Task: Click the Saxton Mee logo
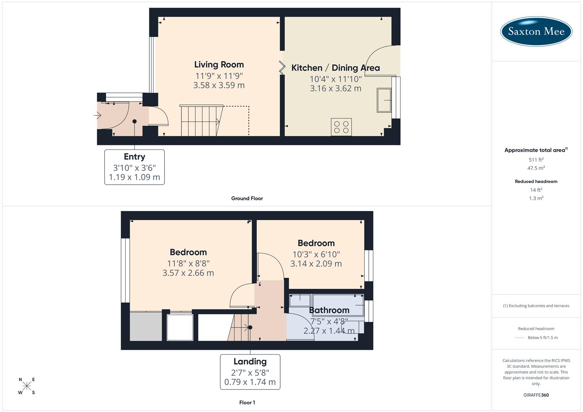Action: click(536, 31)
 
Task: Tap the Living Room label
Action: click(219, 64)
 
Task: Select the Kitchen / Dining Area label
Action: click(335, 68)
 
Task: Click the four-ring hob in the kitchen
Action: click(341, 127)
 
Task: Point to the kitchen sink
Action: click(384, 100)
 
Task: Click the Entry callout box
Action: click(134, 167)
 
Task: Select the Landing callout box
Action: click(250, 372)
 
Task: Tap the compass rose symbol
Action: click(27, 386)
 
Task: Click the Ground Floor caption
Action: click(247, 198)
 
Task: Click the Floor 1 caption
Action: click(247, 402)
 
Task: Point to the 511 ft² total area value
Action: click(536, 159)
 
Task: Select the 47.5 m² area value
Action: click(536, 168)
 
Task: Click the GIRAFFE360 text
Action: click(536, 395)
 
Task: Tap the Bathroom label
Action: click(329, 310)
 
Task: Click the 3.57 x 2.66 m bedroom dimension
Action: click(188, 273)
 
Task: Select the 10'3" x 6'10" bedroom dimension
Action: click(316, 254)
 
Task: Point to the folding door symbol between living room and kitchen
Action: click(282, 68)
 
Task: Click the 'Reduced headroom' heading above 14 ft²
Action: click(536, 181)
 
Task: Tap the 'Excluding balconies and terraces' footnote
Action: click(536, 306)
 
